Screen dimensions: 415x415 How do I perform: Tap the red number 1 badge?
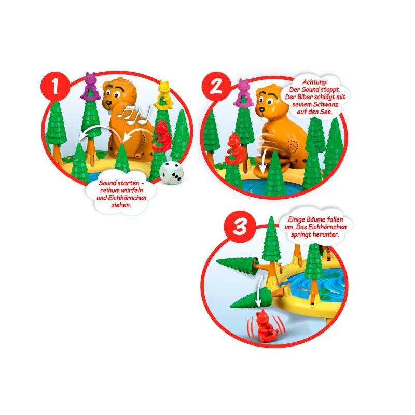tap(55, 86)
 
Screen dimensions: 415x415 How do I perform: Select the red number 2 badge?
tap(216, 86)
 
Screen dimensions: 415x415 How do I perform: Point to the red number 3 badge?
tap(240, 226)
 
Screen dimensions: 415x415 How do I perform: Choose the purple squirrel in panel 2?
tap(244, 92)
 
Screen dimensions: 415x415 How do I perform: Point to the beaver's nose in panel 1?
tap(108, 102)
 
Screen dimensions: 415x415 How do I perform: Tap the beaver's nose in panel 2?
tap(261, 109)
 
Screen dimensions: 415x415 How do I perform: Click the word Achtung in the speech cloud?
tap(315, 82)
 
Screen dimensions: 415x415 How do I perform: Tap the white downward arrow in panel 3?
tap(260, 291)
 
